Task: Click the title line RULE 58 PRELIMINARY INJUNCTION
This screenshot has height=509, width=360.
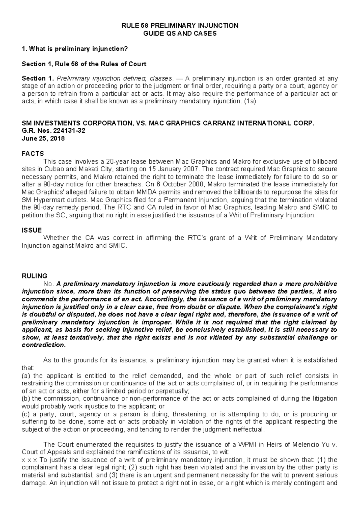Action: point(180,26)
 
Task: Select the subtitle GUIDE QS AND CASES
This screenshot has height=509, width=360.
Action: point(180,33)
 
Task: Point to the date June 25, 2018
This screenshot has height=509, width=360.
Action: point(43,138)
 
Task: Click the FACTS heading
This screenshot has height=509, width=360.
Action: point(33,154)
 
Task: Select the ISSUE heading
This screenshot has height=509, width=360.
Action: point(32,230)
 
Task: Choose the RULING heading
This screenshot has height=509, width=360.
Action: point(35,276)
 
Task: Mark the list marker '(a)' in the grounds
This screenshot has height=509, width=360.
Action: point(26,376)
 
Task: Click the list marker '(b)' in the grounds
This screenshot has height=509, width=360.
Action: point(26,399)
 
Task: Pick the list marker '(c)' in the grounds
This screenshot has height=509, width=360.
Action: point(26,414)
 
